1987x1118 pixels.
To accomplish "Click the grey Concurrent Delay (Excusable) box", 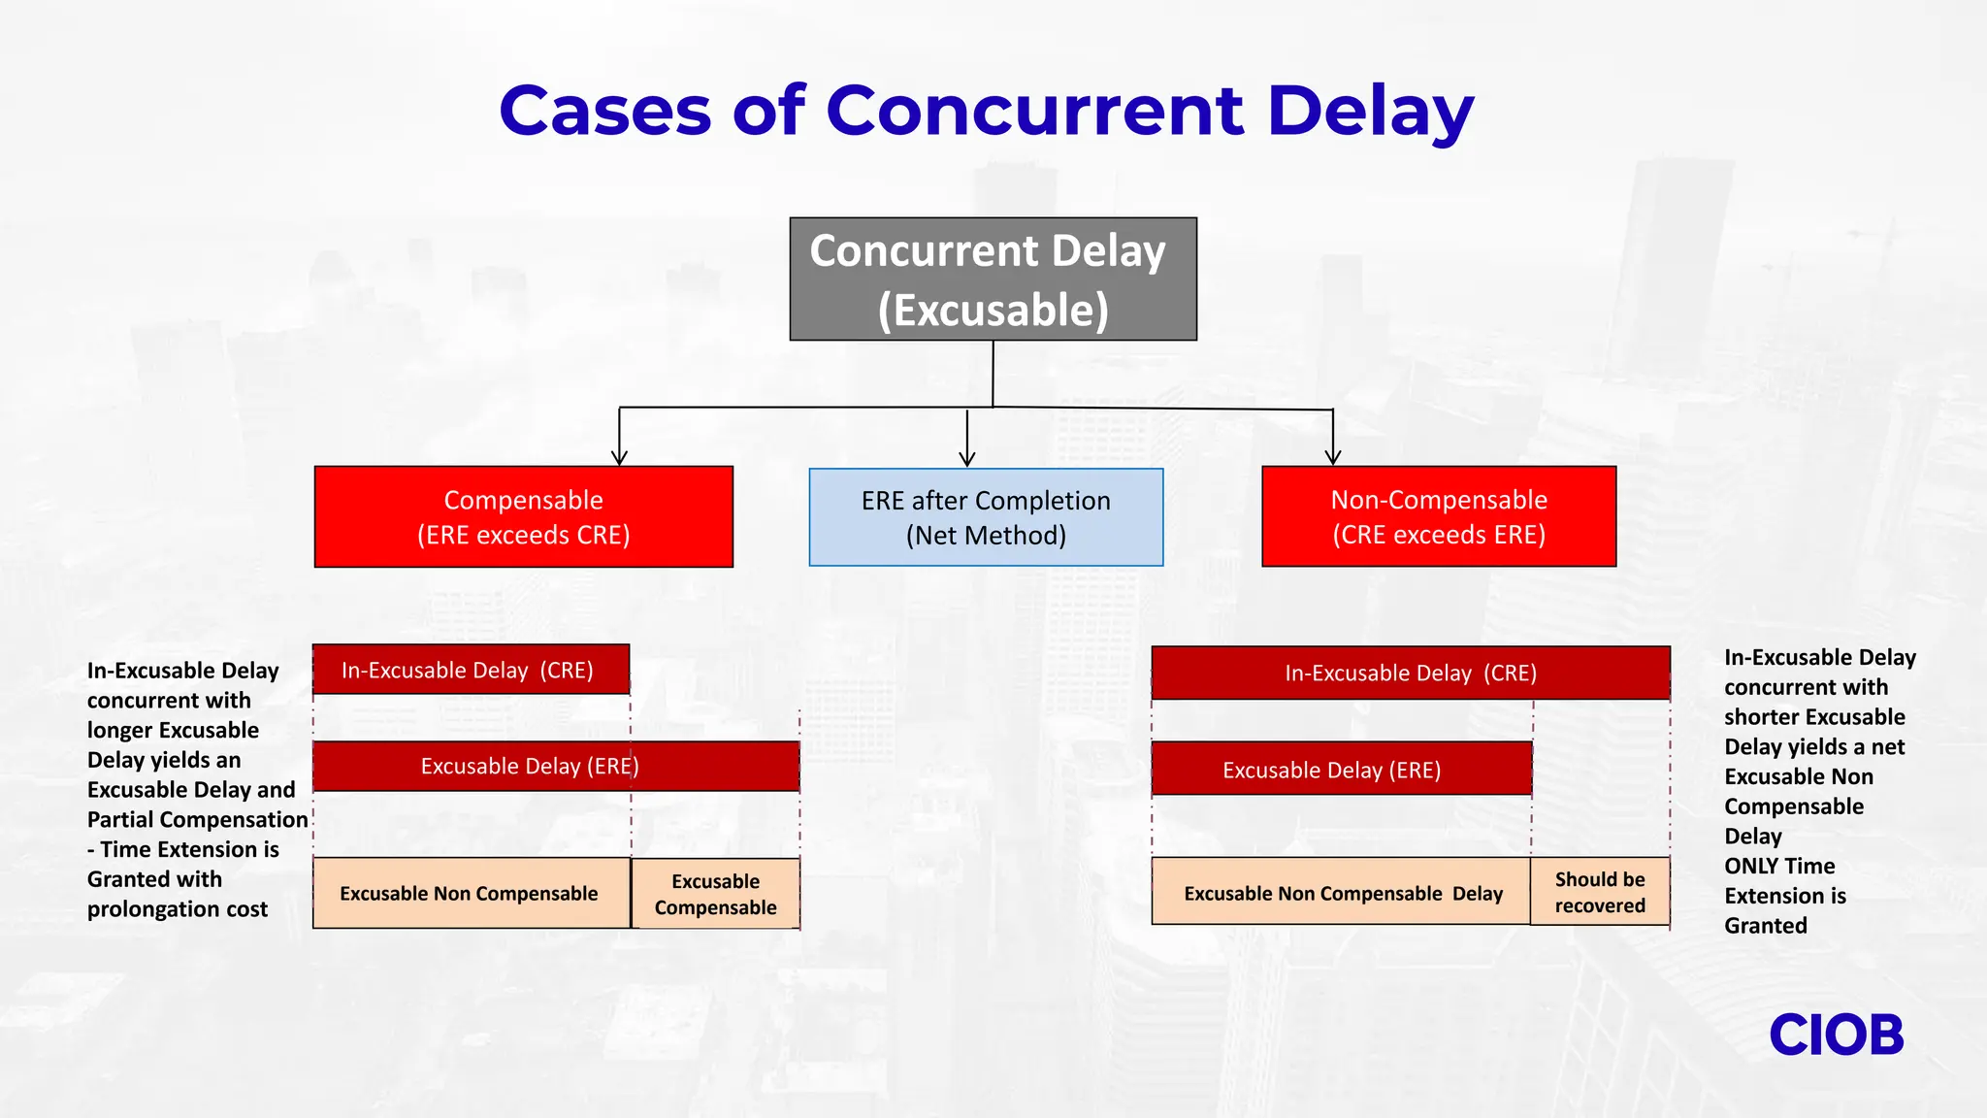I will (x=993, y=279).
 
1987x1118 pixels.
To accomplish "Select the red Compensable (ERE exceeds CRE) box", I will (x=523, y=516).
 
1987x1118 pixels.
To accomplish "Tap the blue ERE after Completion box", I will (x=986, y=517).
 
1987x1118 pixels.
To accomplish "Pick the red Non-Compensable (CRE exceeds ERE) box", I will (x=1438, y=516).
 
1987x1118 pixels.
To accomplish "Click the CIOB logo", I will (x=1836, y=1036).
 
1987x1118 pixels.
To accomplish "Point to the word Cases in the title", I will (x=605, y=111).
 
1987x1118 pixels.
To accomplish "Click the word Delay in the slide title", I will (x=1370, y=111).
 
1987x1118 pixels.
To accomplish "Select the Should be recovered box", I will (x=1600, y=892).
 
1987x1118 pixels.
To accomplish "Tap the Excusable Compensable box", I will (x=715, y=894).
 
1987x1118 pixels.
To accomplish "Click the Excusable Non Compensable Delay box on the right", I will (x=1341, y=892).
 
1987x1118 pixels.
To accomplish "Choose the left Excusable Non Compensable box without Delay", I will (x=471, y=893).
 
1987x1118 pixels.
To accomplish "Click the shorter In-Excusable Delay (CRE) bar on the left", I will (x=471, y=670).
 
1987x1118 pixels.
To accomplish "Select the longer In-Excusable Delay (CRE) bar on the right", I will (x=1410, y=673).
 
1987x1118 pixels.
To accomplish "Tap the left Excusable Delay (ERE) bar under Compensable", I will (x=556, y=767).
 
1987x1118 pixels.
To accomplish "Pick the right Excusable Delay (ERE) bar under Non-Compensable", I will (x=1341, y=770).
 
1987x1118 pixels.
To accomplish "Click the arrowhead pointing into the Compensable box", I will (x=619, y=457).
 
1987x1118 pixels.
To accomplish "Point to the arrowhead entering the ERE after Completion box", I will (x=966, y=458).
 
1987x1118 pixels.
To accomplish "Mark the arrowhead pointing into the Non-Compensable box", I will (x=1333, y=456).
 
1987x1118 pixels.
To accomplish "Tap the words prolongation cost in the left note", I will (x=177, y=909).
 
